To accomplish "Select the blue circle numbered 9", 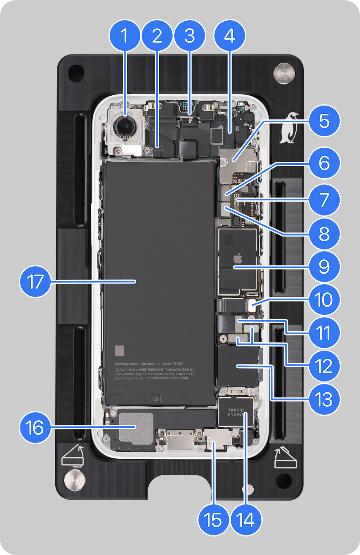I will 324,267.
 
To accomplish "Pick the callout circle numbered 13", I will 324,400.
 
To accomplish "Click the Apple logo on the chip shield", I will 237,258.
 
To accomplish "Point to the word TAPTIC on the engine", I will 236,410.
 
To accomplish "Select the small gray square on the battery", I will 120,351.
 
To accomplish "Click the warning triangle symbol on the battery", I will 117,369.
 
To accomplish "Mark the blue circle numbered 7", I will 324,200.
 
